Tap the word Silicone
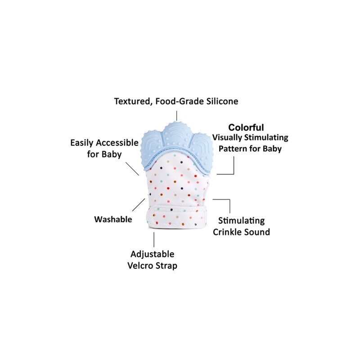(220, 101)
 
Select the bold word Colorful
(246, 127)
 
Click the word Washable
(113, 220)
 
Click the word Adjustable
(152, 254)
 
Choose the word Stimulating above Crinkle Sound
(241, 221)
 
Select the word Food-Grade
(177, 102)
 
